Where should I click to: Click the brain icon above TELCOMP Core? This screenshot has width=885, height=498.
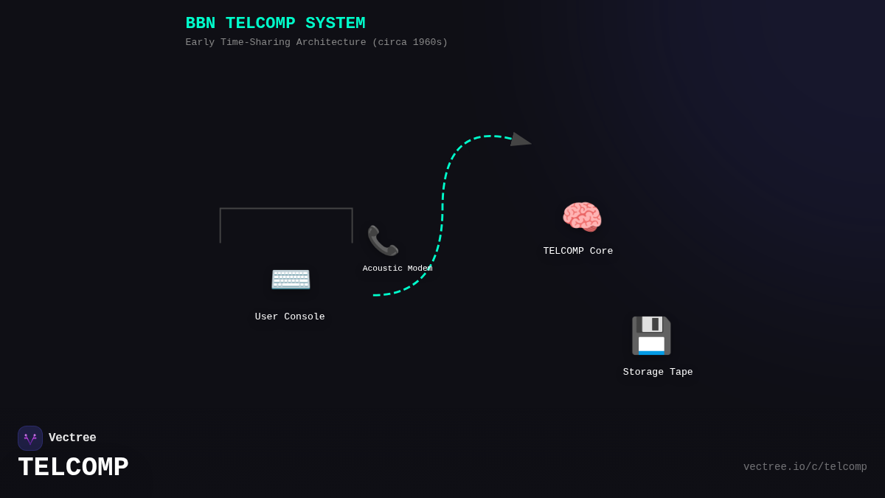(582, 217)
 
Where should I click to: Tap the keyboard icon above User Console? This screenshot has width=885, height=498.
(291, 279)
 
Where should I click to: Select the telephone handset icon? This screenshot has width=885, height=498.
(383, 241)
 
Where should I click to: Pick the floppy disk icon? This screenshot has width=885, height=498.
(651, 336)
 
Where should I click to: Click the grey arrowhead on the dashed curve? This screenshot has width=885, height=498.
(520, 139)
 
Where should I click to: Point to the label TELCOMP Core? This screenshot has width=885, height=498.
(578, 252)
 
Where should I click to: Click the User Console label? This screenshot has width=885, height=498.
(290, 317)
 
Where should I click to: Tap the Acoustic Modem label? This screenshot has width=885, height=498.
(397, 269)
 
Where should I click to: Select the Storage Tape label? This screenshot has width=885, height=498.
(658, 373)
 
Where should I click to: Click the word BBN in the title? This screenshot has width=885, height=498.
(200, 24)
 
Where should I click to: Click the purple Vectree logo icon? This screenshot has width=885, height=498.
(30, 438)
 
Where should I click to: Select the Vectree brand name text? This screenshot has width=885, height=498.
(72, 438)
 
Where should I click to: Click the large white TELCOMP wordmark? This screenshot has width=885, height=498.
(73, 468)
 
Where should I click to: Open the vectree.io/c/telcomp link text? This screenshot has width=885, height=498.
(805, 467)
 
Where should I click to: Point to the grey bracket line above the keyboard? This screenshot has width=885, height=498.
(286, 209)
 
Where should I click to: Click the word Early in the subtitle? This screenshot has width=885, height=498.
(200, 43)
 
